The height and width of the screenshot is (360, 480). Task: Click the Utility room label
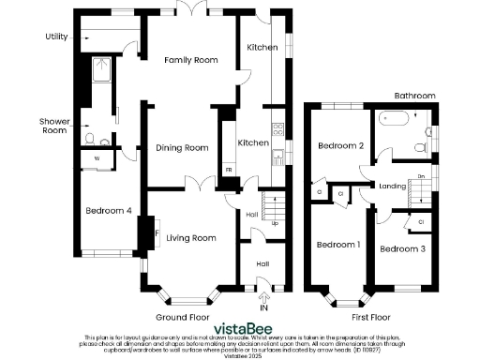point(57,37)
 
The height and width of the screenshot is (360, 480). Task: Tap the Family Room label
point(191,60)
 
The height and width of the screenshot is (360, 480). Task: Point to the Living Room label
point(191,238)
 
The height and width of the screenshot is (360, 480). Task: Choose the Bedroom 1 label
point(337,245)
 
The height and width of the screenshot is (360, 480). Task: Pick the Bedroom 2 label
point(340,145)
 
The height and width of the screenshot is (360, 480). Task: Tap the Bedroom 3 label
point(403,248)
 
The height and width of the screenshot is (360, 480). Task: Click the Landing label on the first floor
point(392,186)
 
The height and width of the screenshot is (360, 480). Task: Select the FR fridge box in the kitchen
point(229,170)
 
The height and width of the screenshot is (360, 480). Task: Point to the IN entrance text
point(263,307)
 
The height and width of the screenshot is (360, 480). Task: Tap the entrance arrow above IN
point(263,295)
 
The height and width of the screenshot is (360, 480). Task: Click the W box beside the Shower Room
point(97,158)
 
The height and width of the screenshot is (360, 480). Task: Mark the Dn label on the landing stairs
point(422,176)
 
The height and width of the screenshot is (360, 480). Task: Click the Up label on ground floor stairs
point(274,223)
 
